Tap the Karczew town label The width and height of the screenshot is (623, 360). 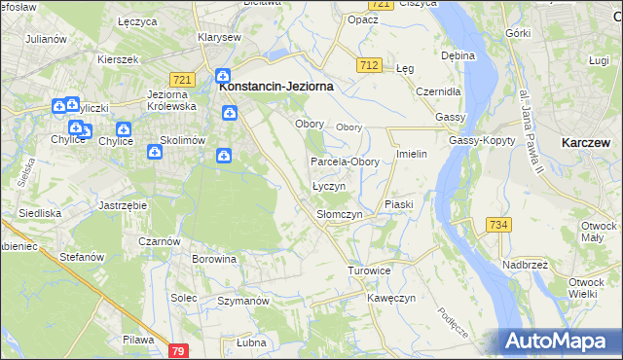(585, 142)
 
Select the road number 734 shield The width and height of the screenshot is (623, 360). (498, 225)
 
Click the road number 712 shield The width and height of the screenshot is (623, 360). (368, 65)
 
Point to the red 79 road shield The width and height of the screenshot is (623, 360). (177, 350)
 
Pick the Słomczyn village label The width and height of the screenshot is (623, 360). (340, 213)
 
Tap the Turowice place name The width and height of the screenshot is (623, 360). (369, 270)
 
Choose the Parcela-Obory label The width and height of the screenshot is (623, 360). (345, 162)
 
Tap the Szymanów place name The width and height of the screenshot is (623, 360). (242, 302)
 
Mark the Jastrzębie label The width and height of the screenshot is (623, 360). (123, 205)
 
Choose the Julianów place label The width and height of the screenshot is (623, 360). (46, 39)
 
